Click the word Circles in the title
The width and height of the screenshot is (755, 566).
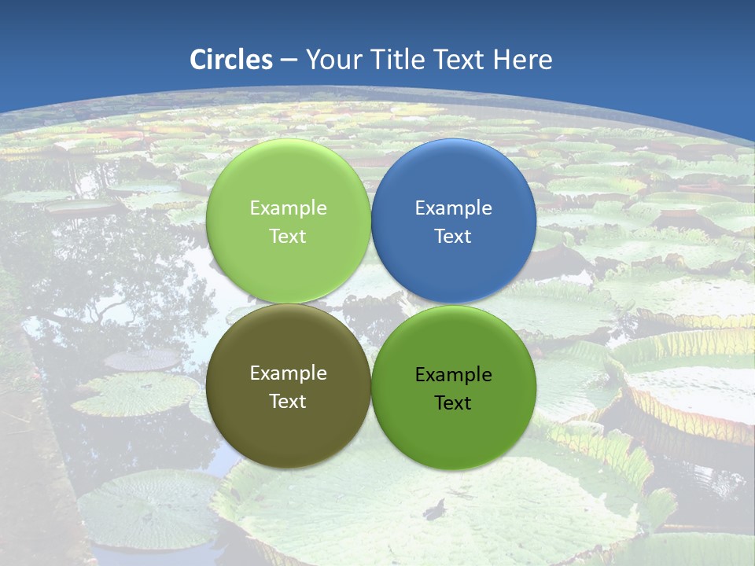pos(231,60)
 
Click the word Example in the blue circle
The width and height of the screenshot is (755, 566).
pos(454,208)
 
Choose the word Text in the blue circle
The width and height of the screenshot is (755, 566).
pos(454,237)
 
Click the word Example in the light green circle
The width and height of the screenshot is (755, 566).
pos(288,208)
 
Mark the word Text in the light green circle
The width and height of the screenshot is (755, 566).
pos(288,237)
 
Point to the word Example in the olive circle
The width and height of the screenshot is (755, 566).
pos(288,373)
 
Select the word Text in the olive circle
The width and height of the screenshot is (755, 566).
pos(288,402)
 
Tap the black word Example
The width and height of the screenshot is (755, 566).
pos(454,375)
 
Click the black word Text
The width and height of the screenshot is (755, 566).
pos(454,403)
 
